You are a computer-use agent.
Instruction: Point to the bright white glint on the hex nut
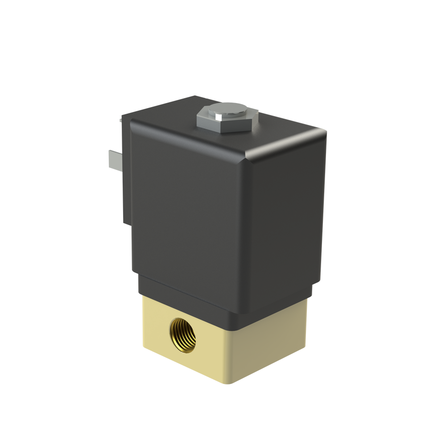(x=217, y=116)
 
